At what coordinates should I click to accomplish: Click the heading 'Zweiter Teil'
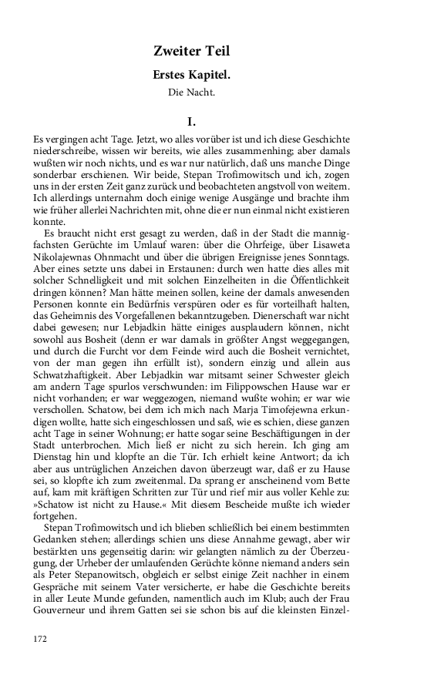pos(191,52)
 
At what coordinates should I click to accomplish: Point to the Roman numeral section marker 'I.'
pos(192,121)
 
